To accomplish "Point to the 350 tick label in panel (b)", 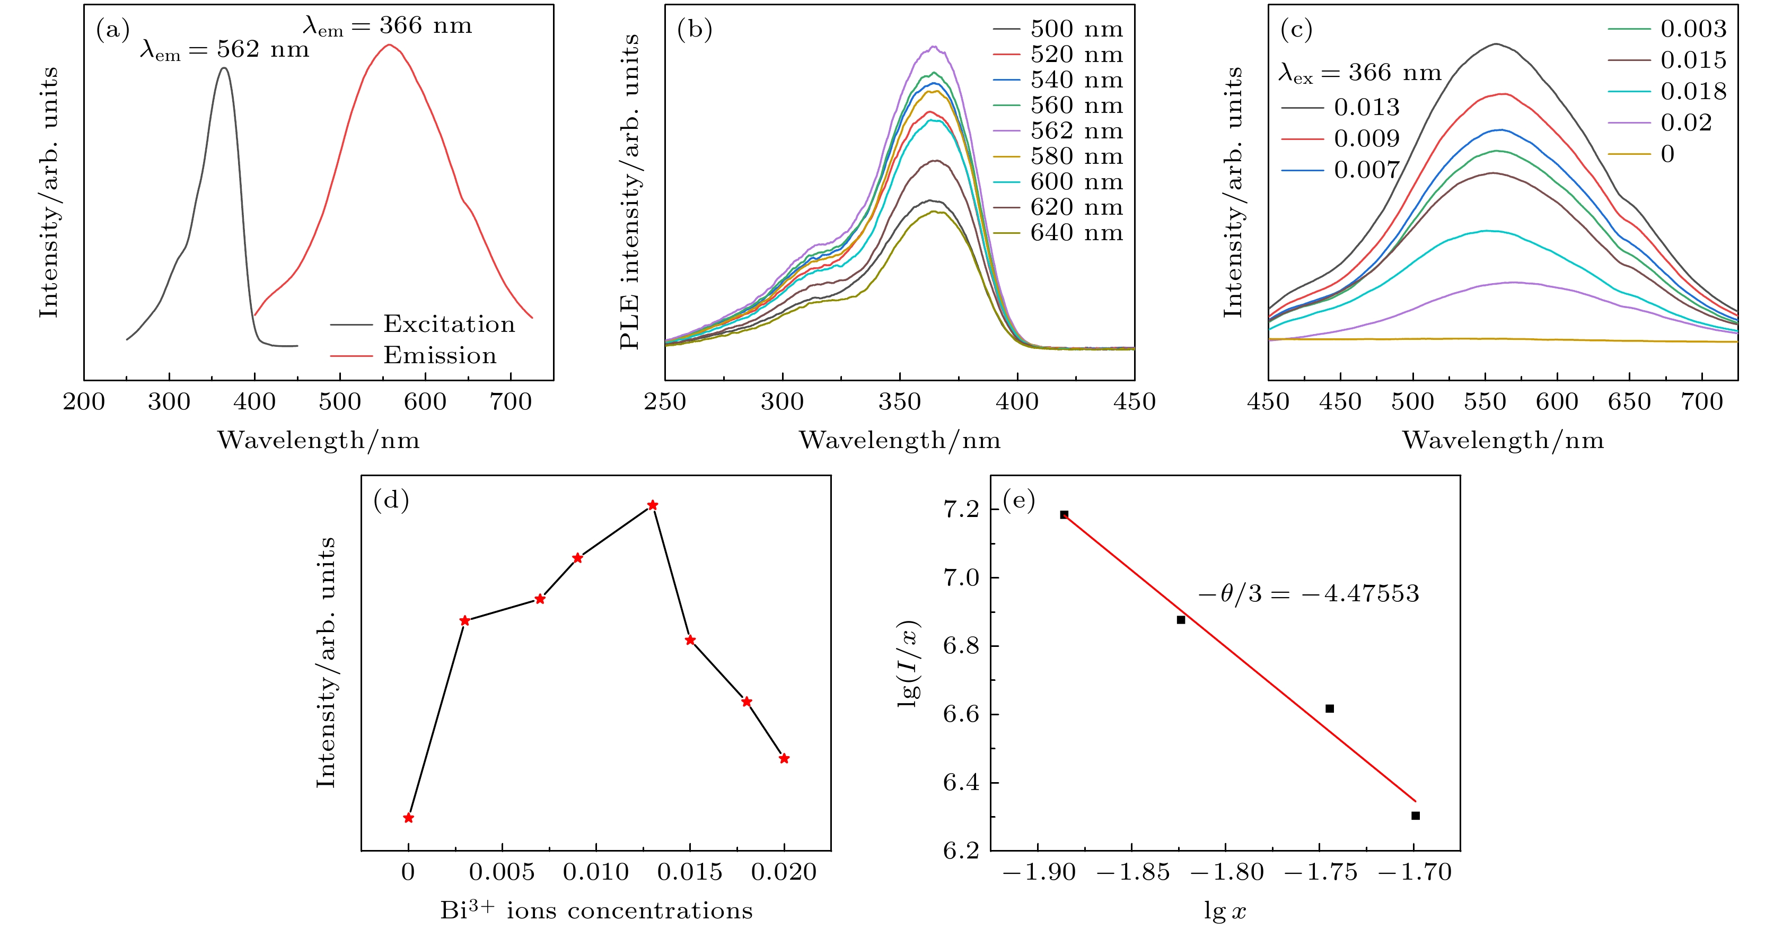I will coord(899,401).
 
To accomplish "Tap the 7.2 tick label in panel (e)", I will coord(961,509).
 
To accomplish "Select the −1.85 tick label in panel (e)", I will coord(1133,873).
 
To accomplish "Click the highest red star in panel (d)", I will coord(653,505).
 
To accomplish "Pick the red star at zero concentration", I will coord(408,818).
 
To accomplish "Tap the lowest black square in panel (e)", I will coord(1415,816).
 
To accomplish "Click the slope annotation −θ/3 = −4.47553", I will coord(1308,594).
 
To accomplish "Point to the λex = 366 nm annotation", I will coord(1359,72).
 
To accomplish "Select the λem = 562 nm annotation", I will coord(224,50).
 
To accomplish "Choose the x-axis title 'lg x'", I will coord(1224,911).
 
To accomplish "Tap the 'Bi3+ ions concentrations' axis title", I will coord(596,910).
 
